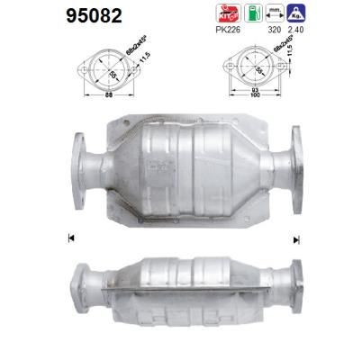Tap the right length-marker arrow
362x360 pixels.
295,238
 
